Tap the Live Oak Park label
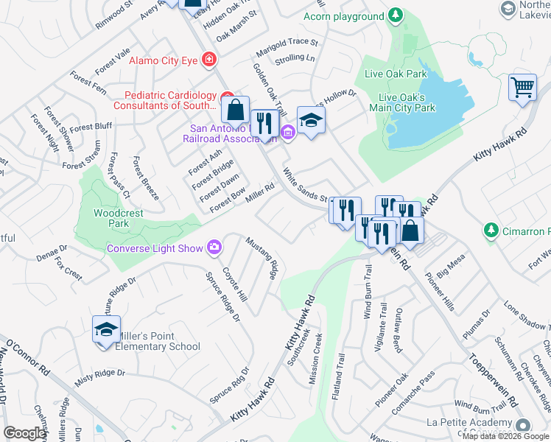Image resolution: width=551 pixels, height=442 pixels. tap(396, 74)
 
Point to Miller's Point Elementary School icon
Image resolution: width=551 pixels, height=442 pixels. tap(106, 329)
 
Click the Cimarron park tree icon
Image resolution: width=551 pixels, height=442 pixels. tap(491, 231)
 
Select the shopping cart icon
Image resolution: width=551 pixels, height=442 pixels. tap(522, 87)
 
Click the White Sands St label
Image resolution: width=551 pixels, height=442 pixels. tap(304, 185)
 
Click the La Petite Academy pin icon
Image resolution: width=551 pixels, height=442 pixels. tap(523, 425)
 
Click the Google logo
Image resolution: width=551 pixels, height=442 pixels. tap(24, 433)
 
